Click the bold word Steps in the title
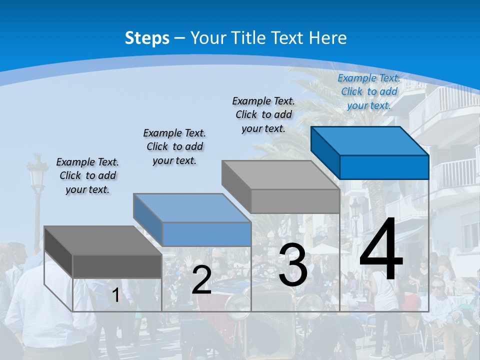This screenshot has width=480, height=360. pyautogui.click(x=147, y=38)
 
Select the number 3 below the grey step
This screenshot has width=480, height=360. pyautogui.click(x=293, y=265)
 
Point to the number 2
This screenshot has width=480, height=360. pyautogui.click(x=201, y=280)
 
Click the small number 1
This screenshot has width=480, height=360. pyautogui.click(x=116, y=295)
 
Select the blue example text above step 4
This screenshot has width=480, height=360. pyautogui.click(x=369, y=91)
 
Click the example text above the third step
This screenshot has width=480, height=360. pyautogui.click(x=263, y=114)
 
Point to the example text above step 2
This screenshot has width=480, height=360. pyautogui.click(x=174, y=146)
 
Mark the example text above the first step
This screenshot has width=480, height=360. pyautogui.click(x=87, y=175)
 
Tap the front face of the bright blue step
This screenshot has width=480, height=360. pyautogui.click(x=384, y=167)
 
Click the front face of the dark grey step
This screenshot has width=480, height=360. pyautogui.click(x=117, y=266)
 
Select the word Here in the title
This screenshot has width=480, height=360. pyautogui.click(x=327, y=38)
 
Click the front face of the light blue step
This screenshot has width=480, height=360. pyautogui.click(x=206, y=234)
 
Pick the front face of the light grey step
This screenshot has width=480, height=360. pyautogui.click(x=295, y=201)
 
